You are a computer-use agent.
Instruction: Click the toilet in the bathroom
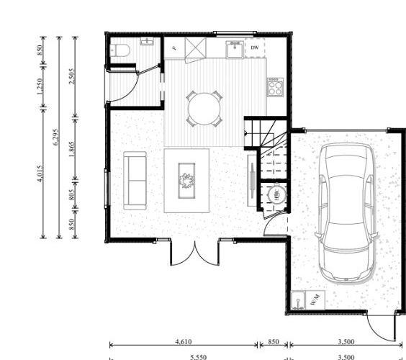tap(120, 50)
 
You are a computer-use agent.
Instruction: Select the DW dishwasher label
tap(254, 48)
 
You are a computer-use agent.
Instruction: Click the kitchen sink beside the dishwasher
tap(234, 48)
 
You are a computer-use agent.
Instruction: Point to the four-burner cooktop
tap(275, 87)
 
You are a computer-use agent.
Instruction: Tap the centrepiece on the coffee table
tap(187, 179)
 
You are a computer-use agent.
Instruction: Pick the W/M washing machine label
tap(315, 300)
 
